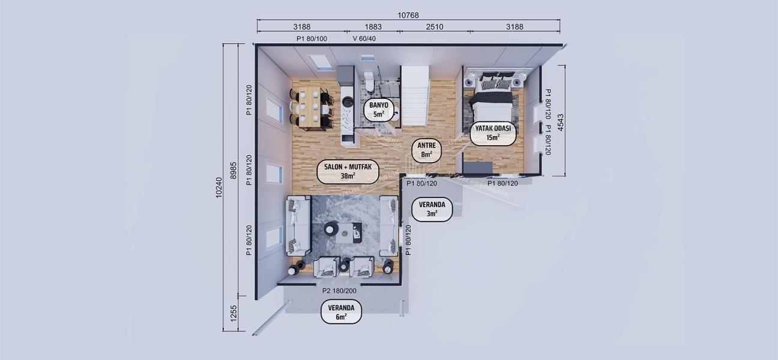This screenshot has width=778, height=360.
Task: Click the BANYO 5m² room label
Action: [378, 109]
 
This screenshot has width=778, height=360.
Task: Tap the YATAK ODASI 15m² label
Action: [493, 133]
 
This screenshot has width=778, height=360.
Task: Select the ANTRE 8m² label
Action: [426, 149]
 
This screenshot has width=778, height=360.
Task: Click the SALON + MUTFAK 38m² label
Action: [348, 171]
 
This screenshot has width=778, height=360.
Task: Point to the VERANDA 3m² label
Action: [432, 208]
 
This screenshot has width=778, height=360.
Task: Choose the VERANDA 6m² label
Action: [341, 311]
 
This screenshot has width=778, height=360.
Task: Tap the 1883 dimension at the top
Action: [373, 27]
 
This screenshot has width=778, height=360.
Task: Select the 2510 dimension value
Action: [434, 27]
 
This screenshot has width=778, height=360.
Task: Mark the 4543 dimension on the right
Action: [561, 121]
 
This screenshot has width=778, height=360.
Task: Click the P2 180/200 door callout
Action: [339, 291]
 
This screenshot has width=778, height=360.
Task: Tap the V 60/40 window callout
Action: [368, 38]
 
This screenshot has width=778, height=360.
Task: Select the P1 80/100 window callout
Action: [312, 38]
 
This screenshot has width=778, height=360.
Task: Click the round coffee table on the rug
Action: [330, 229]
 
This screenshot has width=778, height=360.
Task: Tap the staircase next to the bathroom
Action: [415, 95]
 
